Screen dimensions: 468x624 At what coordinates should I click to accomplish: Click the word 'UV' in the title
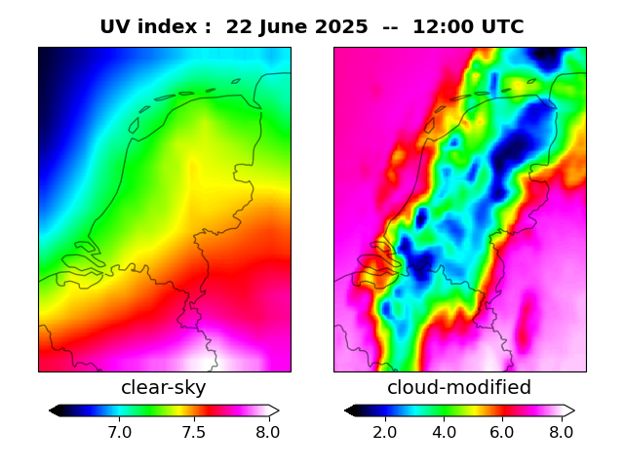[115, 27]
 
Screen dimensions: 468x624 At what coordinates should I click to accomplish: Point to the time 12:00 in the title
[444, 27]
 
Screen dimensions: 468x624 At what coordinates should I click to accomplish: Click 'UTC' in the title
[502, 27]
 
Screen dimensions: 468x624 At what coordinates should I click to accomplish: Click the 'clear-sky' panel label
[164, 388]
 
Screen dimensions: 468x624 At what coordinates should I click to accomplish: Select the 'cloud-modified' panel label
[459, 388]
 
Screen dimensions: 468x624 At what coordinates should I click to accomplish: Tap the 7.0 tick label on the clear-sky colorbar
[119, 431]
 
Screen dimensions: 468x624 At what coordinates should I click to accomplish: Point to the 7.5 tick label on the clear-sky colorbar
[193, 431]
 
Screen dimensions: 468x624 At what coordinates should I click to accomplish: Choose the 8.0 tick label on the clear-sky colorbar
[267, 431]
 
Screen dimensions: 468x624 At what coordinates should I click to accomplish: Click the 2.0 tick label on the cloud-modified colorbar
[385, 431]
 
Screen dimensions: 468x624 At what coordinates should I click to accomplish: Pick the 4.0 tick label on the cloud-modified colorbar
[444, 431]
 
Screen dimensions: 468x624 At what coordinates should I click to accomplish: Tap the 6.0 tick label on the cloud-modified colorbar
[502, 431]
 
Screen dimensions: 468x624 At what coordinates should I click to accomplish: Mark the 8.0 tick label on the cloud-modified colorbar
[561, 431]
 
